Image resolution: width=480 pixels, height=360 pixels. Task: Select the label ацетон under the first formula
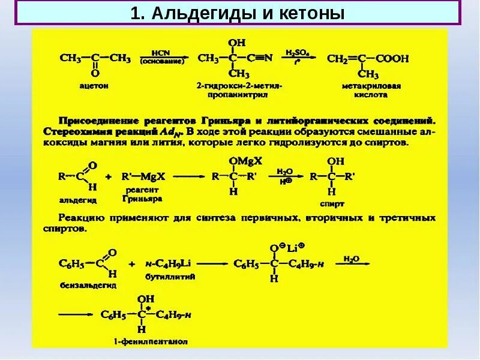click(x=94, y=86)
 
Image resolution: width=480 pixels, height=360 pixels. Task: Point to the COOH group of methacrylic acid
click(x=392, y=59)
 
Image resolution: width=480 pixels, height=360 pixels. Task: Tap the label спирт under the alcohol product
click(x=337, y=203)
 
